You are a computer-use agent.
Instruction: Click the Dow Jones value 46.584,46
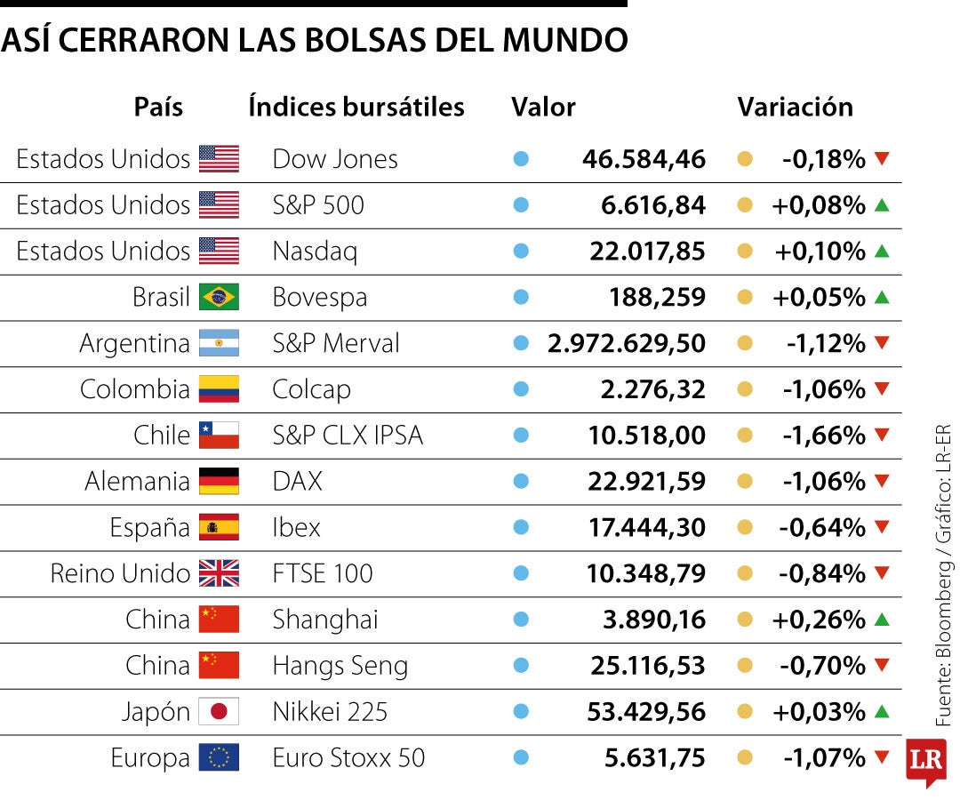click(644, 160)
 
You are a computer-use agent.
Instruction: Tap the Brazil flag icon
click(219, 297)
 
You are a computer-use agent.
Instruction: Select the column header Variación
click(795, 108)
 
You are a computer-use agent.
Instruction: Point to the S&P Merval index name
click(336, 343)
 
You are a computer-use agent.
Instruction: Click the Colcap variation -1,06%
click(824, 389)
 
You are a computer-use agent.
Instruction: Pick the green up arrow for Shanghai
click(882, 620)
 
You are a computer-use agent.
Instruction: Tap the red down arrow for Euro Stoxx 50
click(882, 757)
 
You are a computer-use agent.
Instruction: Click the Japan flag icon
click(219, 712)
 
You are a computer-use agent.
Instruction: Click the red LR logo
click(925, 761)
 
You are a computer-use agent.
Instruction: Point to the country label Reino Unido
click(120, 573)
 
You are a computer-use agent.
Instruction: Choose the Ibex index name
click(296, 527)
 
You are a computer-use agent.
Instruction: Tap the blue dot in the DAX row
click(521, 482)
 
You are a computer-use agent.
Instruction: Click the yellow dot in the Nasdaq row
click(745, 252)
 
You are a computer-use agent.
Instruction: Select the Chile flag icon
click(219, 436)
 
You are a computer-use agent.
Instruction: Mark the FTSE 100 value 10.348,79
click(645, 573)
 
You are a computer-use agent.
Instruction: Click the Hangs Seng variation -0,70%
click(824, 666)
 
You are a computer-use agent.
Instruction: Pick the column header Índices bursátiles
click(356, 108)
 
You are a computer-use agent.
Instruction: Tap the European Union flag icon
click(219, 758)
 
